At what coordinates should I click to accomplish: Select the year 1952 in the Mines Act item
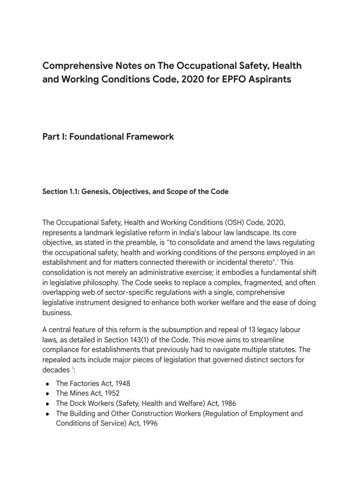point(110,393)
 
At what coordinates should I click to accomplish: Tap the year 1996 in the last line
point(148,424)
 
